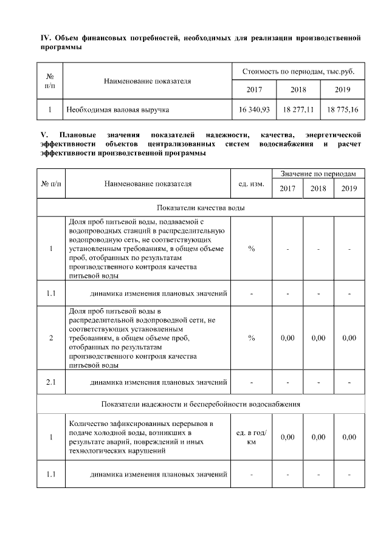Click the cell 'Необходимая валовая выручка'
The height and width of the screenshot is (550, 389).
(118, 110)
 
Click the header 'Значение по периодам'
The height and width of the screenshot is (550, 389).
(318, 174)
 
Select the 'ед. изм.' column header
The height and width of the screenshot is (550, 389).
(251, 182)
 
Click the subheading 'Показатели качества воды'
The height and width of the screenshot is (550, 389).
(201, 207)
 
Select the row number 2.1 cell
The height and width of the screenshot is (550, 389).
(51, 382)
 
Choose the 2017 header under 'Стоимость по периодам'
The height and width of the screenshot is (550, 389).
(254, 89)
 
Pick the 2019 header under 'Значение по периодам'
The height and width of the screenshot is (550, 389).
(349, 188)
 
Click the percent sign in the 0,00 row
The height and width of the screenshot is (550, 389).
(251, 338)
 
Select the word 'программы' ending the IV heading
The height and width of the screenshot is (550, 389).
(60, 48)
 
